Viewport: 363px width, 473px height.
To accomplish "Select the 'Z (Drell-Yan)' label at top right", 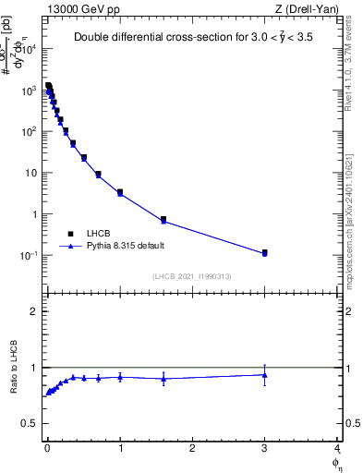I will (305, 8).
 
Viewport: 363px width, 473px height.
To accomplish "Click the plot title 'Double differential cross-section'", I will (191, 38).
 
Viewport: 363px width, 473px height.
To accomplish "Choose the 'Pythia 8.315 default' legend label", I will (126, 247).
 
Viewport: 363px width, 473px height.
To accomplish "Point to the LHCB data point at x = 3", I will (264, 252).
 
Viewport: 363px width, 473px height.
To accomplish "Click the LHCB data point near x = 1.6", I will (163, 220).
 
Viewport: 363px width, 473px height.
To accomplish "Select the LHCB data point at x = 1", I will (120, 192).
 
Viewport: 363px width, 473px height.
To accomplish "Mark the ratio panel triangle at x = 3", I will (264, 374).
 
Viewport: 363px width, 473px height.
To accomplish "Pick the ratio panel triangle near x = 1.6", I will (163, 378).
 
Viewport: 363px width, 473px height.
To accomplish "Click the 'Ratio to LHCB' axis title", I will (13, 369).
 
